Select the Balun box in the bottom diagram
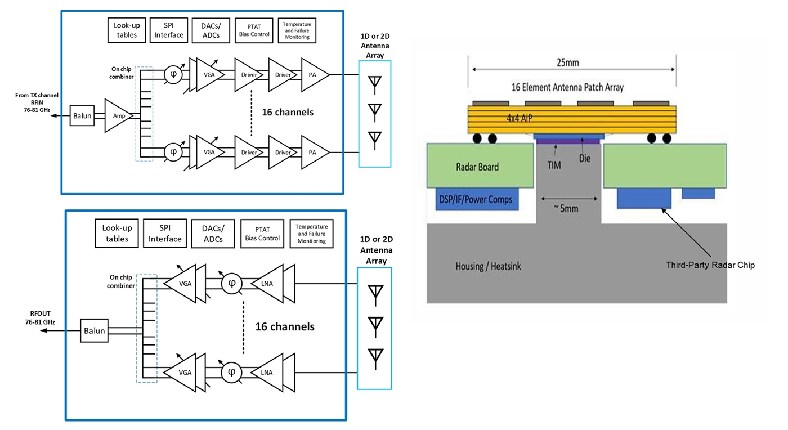95,330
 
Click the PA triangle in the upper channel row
313,74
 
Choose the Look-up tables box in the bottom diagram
116,234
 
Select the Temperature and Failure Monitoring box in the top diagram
297,30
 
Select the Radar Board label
477,167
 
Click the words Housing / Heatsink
488,266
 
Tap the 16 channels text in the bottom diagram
285,326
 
